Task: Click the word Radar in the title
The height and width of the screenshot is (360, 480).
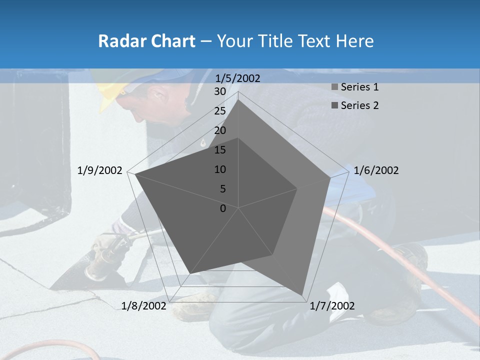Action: point(119,41)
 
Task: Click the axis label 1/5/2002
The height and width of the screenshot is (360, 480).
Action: point(238,78)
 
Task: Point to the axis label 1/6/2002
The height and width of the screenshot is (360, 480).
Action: point(376,170)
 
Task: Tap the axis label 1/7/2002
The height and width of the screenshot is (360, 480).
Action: point(332,306)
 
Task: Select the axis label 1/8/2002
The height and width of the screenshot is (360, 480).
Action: point(144,306)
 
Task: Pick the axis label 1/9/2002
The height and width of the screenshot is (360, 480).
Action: point(100,170)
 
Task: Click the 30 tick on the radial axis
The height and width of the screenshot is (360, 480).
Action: point(220,91)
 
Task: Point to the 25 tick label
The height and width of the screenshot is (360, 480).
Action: point(220,111)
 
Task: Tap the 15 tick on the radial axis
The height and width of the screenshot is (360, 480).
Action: point(220,150)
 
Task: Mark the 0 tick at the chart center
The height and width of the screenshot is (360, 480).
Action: point(223,208)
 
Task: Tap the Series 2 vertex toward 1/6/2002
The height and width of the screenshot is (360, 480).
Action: point(297,188)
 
